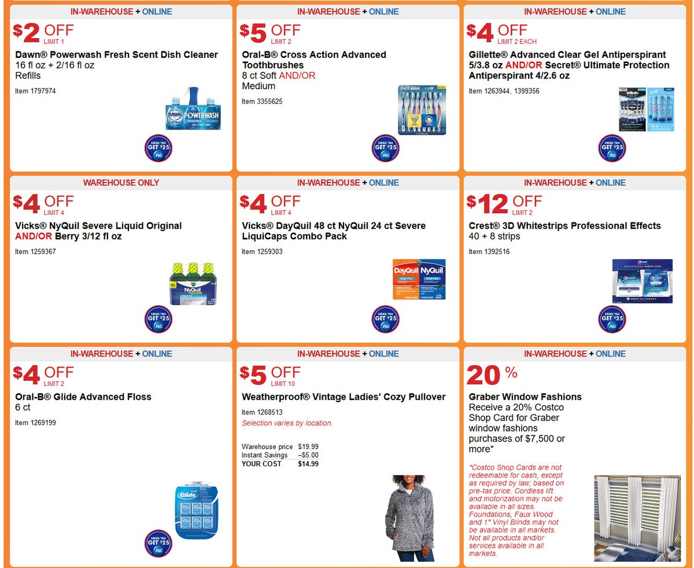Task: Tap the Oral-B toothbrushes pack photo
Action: (x=423, y=110)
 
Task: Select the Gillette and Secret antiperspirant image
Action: (x=646, y=109)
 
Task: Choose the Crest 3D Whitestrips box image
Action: (x=642, y=281)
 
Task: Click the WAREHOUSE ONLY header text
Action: (x=121, y=183)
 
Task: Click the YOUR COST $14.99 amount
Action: (x=308, y=464)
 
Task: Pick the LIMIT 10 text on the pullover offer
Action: (x=283, y=384)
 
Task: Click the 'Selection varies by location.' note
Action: (x=287, y=423)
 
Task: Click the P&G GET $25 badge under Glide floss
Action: (x=158, y=544)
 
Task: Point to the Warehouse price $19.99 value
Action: (x=308, y=447)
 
